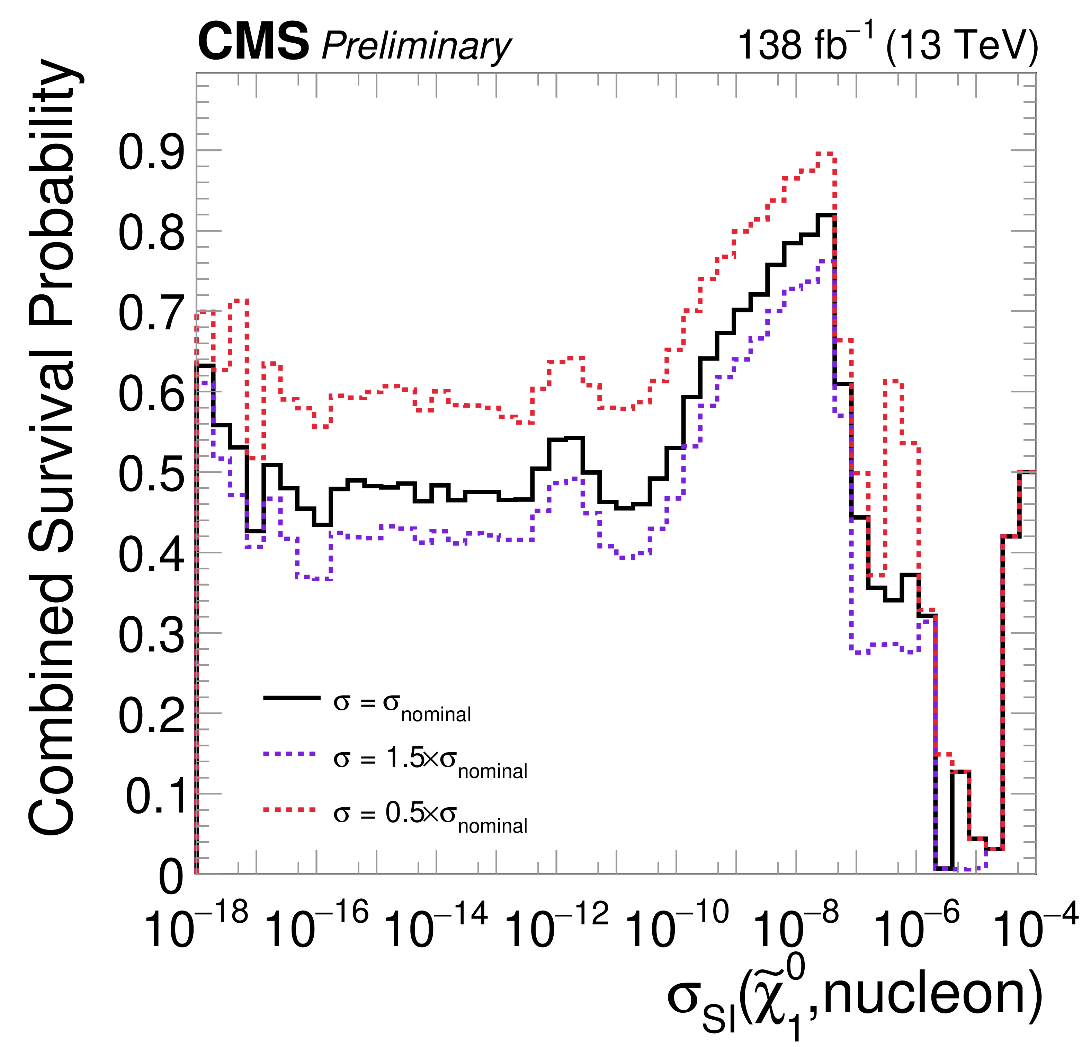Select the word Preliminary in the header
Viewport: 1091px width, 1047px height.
[x=416, y=46]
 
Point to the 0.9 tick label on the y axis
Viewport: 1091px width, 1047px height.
[x=151, y=151]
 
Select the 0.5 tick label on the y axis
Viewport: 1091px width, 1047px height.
[x=151, y=474]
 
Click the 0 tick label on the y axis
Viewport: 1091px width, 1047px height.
[x=171, y=878]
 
